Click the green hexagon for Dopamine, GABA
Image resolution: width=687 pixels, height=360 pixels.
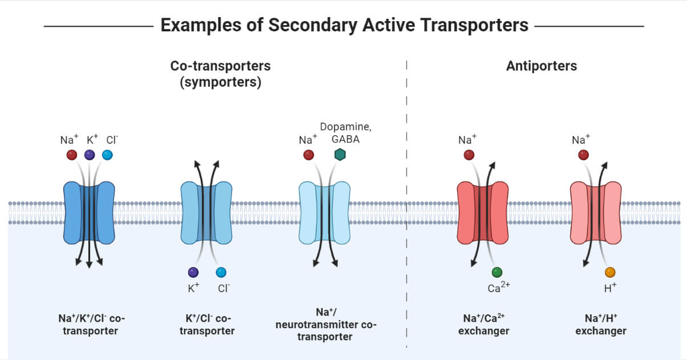340,155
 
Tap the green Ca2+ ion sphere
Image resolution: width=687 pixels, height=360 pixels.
497,272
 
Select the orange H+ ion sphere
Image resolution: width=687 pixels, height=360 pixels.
610,272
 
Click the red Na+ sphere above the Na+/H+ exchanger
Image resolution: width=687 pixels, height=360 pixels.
583,155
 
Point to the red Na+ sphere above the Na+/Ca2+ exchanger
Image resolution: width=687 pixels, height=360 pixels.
469,155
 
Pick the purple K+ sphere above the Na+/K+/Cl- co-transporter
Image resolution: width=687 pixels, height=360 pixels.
90,155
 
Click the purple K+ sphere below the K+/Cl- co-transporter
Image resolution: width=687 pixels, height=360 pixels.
193,272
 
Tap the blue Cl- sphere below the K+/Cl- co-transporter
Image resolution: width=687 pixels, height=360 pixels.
221,272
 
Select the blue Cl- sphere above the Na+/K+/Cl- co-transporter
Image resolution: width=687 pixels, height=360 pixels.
107,155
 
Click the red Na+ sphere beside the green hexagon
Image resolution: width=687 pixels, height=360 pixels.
308,155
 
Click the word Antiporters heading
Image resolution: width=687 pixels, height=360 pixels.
541,66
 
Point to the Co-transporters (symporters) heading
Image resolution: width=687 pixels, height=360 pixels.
220,74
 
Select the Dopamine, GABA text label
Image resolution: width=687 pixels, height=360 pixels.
341,132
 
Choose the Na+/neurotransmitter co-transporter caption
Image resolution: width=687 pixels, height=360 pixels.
326,324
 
